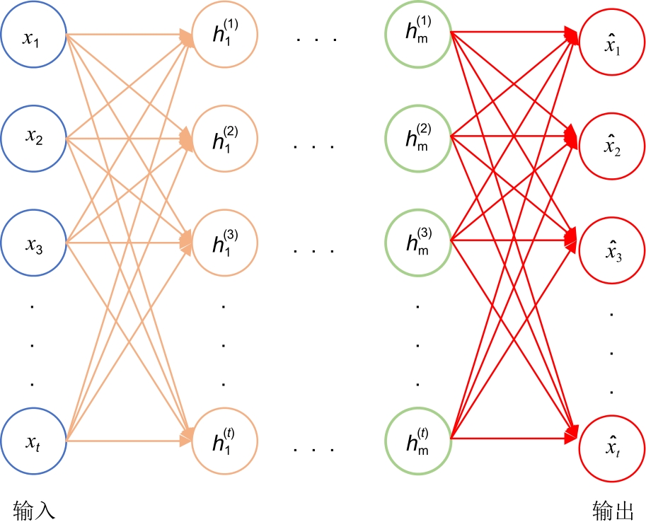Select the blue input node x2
33,139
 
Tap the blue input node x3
33,243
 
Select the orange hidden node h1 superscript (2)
224,139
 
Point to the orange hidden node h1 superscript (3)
224,243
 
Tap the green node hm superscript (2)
418,139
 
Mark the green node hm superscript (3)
418,243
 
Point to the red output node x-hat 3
611,248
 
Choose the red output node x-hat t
611,445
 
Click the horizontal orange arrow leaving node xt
127,441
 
